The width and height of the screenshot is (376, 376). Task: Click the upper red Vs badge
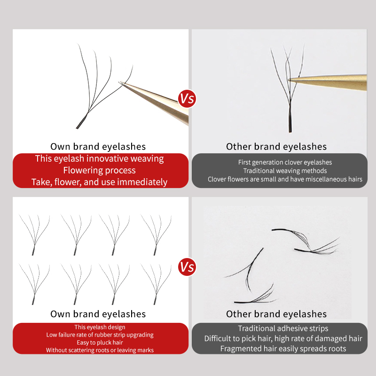(187, 98)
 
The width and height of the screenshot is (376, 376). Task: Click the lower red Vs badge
(187, 267)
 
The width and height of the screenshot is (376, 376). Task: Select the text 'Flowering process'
(99, 170)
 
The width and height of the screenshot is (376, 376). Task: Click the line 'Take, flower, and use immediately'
(99, 182)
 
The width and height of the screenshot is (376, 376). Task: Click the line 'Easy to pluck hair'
(100, 343)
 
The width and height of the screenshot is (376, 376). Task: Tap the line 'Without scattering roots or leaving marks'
(100, 350)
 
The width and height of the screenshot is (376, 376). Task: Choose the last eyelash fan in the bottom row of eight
(156, 283)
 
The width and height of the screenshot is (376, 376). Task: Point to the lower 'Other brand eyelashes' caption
(276, 314)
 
